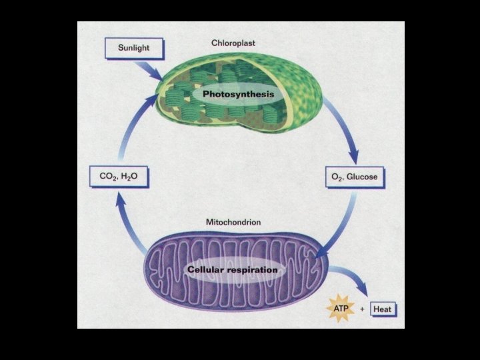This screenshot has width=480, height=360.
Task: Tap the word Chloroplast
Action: point(233,43)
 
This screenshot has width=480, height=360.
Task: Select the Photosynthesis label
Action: point(238,95)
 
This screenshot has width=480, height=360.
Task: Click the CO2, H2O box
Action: point(118,178)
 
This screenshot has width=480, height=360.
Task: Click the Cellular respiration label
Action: point(232,270)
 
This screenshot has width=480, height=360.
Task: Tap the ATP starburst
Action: point(337,309)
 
